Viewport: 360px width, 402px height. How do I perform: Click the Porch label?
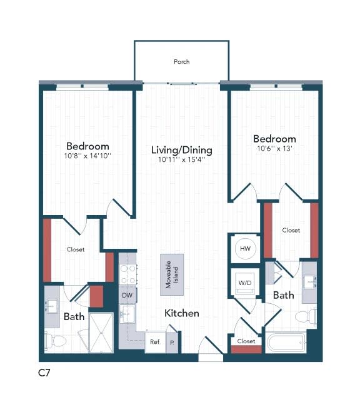(182, 62)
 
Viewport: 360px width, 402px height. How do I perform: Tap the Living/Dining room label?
(182, 150)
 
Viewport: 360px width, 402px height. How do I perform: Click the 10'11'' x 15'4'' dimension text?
(182, 160)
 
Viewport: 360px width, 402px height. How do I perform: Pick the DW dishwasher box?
(127, 295)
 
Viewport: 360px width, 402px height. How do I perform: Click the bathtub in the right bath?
(285, 343)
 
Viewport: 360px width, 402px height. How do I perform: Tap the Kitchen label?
(182, 313)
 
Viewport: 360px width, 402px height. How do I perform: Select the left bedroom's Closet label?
(76, 249)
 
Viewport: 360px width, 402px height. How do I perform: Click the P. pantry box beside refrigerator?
(172, 342)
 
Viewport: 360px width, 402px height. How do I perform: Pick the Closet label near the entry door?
(246, 341)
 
